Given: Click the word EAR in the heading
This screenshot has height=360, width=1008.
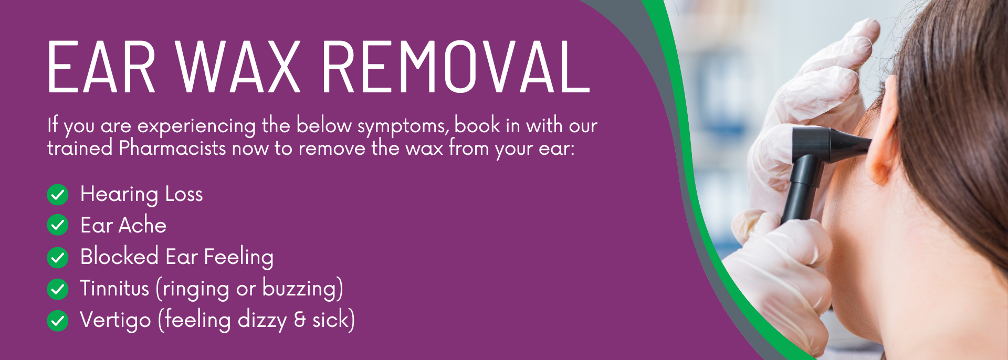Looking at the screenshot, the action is point(102,68).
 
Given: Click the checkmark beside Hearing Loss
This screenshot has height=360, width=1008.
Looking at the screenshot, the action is point(58,195).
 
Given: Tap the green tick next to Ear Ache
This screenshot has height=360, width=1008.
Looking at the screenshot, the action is point(58,225).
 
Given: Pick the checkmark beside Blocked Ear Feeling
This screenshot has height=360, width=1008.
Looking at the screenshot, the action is point(58,258).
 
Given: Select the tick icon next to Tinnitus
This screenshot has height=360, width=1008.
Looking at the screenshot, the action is point(58,289).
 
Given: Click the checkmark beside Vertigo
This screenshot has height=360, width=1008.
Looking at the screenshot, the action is point(58,321).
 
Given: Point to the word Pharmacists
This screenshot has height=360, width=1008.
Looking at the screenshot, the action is point(172,148).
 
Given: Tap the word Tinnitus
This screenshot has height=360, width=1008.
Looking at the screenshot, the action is point(114,288).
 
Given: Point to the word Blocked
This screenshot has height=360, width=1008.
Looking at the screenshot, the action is point(119,257).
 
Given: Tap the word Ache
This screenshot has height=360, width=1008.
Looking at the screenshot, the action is point(143,226).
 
